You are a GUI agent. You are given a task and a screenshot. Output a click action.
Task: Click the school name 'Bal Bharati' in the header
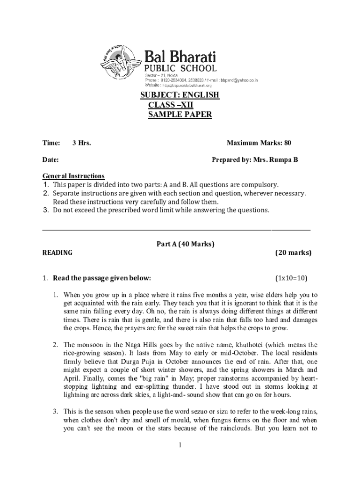(180, 58)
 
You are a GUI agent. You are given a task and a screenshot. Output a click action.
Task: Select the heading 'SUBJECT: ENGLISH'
(180, 95)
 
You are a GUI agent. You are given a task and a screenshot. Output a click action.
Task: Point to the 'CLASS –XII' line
(171, 105)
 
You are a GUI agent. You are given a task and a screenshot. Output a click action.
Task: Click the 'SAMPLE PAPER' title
(180, 115)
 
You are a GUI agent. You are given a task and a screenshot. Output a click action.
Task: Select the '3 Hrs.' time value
(81, 143)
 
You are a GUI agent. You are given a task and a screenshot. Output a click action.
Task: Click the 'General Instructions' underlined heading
(73, 176)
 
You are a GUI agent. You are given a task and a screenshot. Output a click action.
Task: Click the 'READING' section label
(58, 253)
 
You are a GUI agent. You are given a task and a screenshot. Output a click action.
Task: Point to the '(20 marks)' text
(293, 253)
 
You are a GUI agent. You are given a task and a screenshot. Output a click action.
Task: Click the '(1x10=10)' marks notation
(291, 278)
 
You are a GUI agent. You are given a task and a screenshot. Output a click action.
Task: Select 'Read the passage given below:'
(102, 278)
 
